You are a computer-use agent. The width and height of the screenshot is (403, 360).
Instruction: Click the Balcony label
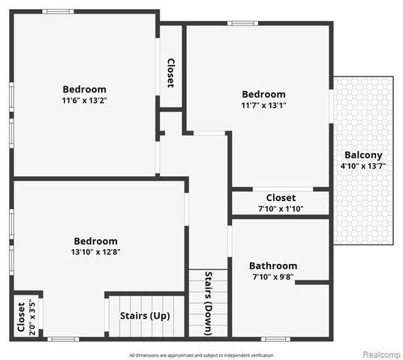pyautogui.click(x=363, y=155)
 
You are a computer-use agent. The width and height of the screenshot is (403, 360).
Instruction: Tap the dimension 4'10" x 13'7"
pyautogui.click(x=363, y=166)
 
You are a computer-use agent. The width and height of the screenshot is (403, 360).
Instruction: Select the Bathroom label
pyautogui.click(x=273, y=265)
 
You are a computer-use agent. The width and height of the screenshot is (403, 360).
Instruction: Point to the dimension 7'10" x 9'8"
pyautogui.click(x=273, y=277)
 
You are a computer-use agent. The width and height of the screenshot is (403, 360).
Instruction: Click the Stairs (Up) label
pyautogui.click(x=145, y=315)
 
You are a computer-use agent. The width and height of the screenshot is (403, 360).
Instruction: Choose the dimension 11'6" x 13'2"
pyautogui.click(x=84, y=100)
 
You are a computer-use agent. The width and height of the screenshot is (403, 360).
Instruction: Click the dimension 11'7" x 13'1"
pyautogui.click(x=263, y=106)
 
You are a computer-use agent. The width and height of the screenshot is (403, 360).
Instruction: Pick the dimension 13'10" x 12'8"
pyautogui.click(x=95, y=252)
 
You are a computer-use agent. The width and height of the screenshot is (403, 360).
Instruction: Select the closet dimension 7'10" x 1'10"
pyautogui.click(x=281, y=208)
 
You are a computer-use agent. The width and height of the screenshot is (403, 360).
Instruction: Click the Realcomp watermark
pyautogui.click(x=381, y=354)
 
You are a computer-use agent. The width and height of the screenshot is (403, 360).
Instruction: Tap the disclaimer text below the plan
pyautogui.click(x=202, y=355)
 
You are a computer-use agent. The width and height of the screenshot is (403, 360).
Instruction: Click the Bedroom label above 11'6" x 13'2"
pyautogui.click(x=84, y=89)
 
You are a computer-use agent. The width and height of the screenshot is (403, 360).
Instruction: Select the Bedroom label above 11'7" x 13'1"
pyautogui.click(x=263, y=94)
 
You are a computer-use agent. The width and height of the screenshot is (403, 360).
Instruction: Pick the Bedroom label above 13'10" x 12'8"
pyautogui.click(x=95, y=241)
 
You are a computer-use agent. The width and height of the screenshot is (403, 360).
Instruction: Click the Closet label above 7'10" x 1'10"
pyautogui.click(x=281, y=198)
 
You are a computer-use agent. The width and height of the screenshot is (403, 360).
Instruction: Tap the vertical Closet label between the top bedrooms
pyautogui.click(x=170, y=73)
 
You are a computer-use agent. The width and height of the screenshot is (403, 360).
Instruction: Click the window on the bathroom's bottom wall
pyautogui.click(x=276, y=339)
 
